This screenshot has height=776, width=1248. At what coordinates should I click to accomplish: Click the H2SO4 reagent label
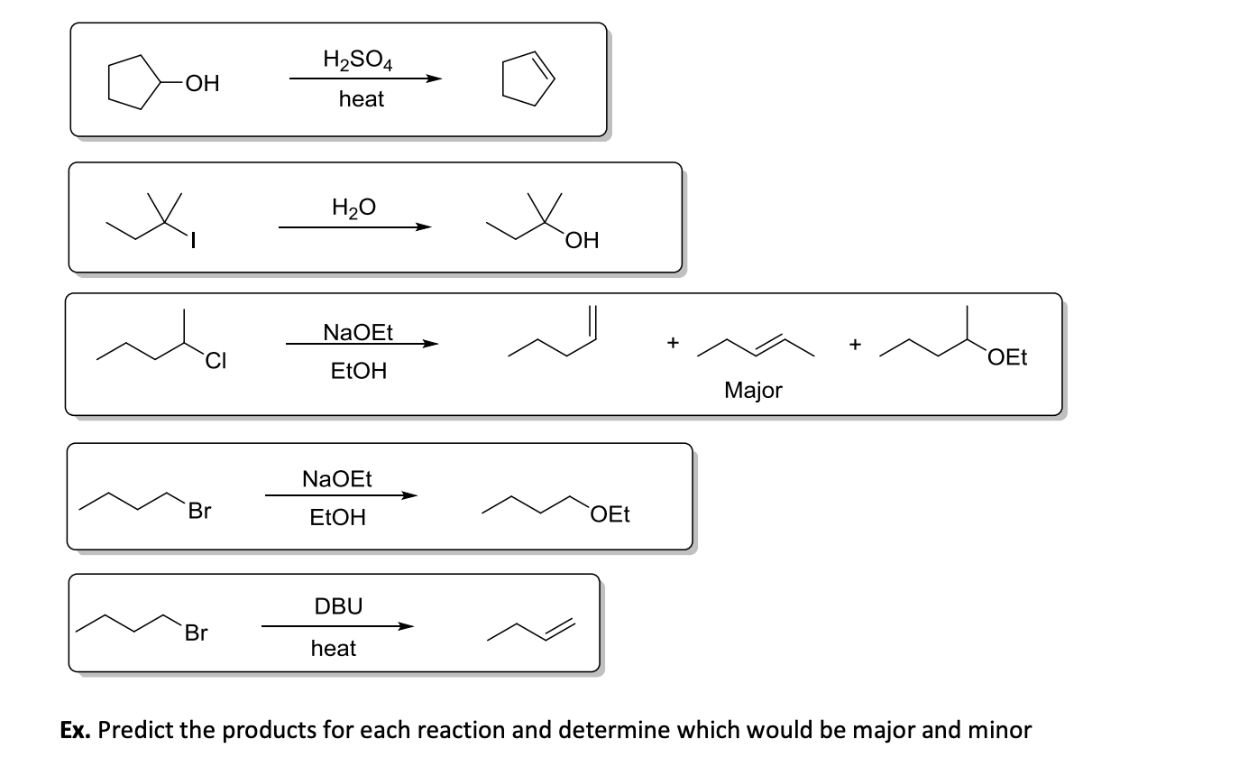coord(356,60)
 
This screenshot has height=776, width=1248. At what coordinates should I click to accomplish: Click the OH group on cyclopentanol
coord(199,84)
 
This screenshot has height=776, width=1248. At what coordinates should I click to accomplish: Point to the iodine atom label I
coord(194,241)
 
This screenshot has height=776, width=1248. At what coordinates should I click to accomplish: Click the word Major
coord(753,390)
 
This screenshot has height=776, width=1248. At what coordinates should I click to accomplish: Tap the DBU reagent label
coord(338,606)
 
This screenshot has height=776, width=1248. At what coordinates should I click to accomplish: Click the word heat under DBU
coord(334,648)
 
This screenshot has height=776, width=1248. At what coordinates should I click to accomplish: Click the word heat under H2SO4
coord(362,99)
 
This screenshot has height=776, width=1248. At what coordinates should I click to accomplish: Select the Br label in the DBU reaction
coord(196,633)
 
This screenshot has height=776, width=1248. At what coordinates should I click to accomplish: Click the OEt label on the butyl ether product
coord(610,514)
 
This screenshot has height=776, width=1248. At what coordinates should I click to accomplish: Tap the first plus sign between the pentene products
coord(671,343)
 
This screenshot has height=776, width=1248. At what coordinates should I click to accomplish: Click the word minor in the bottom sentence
coord(1000,730)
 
